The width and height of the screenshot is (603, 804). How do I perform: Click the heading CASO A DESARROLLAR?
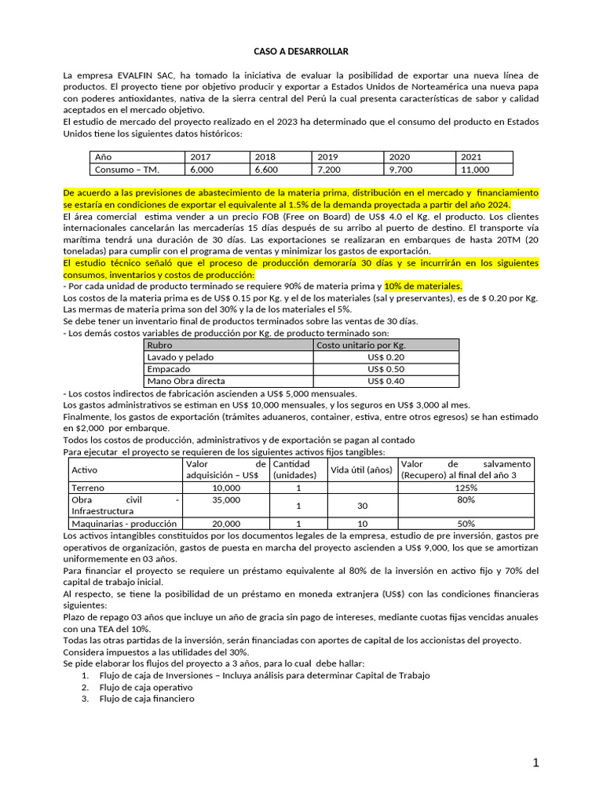301,51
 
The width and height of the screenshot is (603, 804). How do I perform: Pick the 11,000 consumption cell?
475,169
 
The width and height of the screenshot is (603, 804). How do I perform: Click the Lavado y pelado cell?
181,357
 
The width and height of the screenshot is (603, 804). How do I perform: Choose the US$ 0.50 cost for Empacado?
386,369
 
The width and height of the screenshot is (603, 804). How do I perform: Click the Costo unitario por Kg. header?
360,345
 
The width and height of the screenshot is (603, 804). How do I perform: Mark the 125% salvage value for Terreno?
465,488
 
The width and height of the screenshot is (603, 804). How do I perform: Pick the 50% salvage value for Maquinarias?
465,523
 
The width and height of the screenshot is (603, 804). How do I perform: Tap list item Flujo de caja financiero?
142,699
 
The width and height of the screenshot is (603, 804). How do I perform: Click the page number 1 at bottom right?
535,764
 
